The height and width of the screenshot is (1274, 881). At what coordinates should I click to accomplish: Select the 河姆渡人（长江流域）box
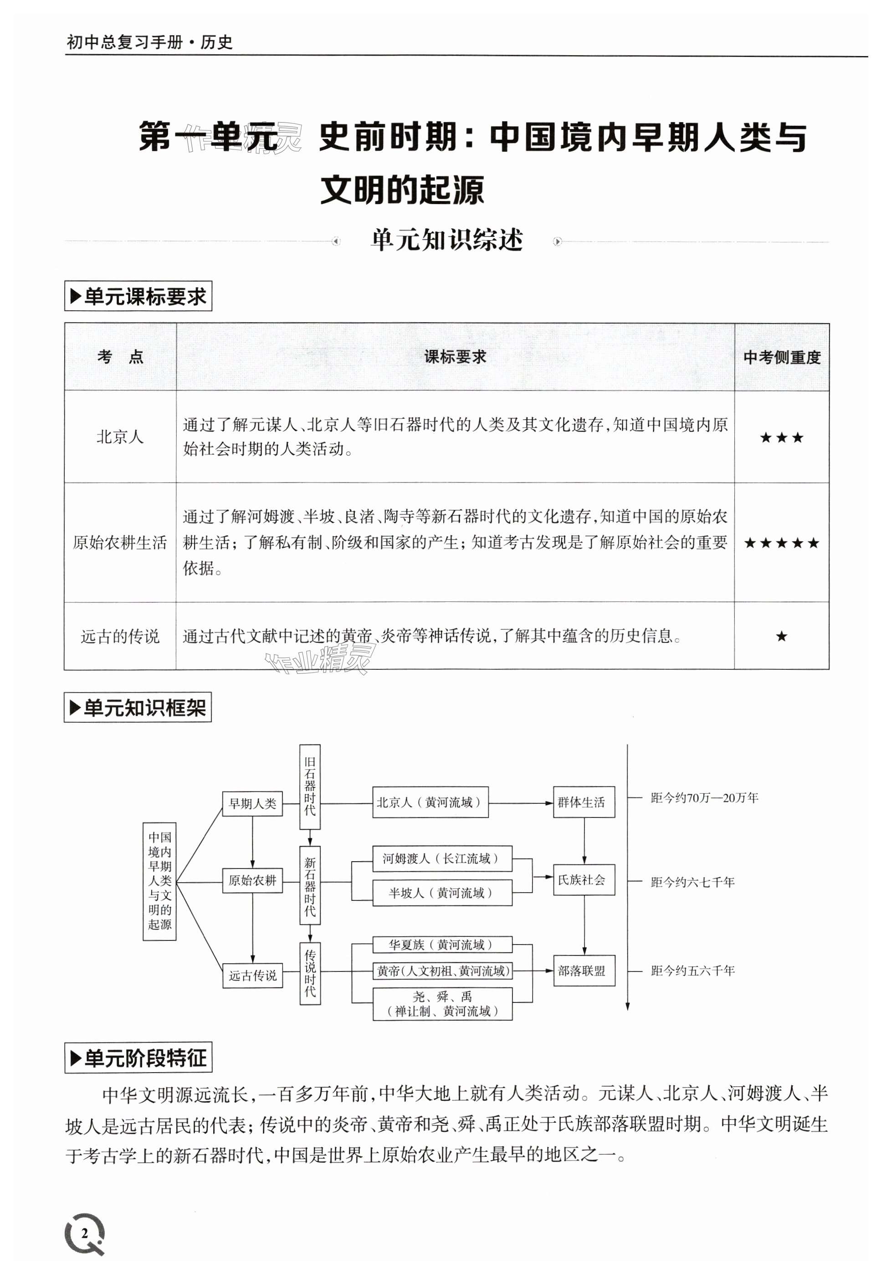(x=441, y=858)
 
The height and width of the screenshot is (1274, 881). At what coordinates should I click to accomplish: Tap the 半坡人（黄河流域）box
(x=441, y=893)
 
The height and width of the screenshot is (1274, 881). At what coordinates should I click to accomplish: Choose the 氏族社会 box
(x=584, y=880)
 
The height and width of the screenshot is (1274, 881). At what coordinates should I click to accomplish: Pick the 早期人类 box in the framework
(x=252, y=804)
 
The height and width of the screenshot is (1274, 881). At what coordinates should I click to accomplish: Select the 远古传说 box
(x=252, y=976)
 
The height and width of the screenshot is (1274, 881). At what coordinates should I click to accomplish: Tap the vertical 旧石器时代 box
(x=310, y=786)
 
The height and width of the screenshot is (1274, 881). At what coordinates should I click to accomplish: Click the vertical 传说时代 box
(x=310, y=973)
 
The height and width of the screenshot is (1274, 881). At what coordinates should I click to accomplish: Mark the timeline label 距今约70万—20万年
(x=704, y=798)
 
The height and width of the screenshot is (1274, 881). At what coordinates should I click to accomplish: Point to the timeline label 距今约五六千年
(x=692, y=971)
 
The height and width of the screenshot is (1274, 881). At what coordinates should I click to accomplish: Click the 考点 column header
(x=120, y=357)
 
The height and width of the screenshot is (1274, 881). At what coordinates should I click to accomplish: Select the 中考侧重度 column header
(x=782, y=358)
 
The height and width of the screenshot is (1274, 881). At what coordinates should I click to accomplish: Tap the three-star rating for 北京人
(x=781, y=438)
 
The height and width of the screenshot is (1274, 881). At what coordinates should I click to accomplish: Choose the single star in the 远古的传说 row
(x=781, y=637)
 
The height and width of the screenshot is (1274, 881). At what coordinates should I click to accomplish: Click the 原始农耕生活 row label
(x=120, y=543)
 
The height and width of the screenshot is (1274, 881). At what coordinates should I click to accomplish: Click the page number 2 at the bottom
(x=84, y=1233)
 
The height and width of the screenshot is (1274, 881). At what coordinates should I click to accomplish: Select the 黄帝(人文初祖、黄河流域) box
(x=443, y=971)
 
